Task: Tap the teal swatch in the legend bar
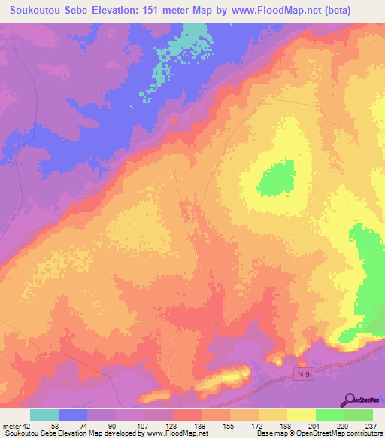click(44, 415)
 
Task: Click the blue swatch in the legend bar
click(73, 415)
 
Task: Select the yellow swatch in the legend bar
click(301, 415)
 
